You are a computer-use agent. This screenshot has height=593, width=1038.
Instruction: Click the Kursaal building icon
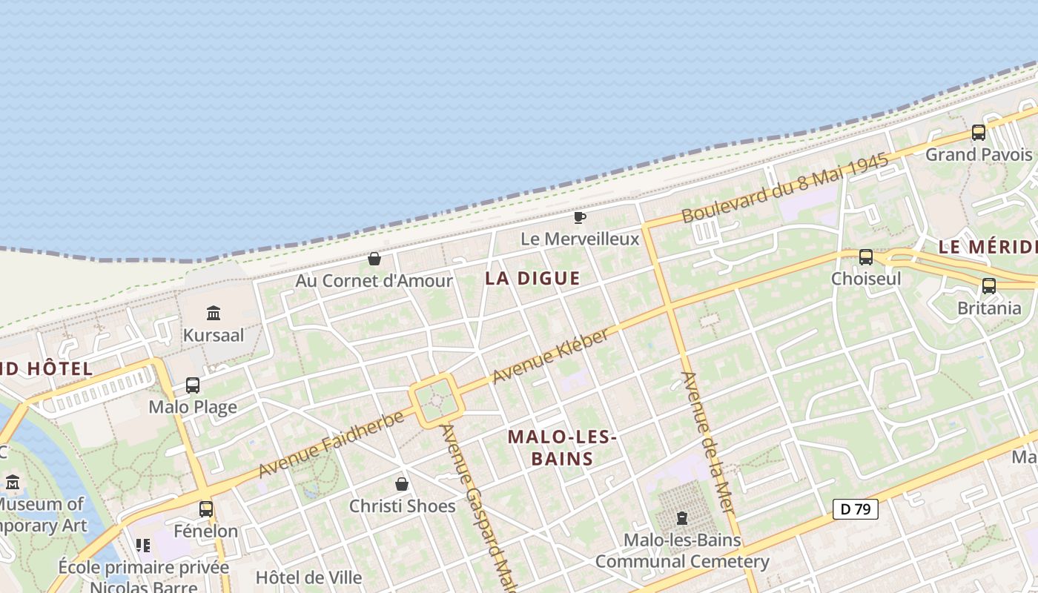214,313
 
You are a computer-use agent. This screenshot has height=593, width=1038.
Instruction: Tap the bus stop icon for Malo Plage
193,385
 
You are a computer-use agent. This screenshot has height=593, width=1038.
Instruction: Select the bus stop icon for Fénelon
206,509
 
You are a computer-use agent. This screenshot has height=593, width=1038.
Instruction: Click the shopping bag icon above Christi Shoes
402,484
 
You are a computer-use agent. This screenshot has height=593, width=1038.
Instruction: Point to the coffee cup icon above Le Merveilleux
580,217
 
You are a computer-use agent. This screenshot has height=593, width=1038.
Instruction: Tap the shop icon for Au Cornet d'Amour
374,259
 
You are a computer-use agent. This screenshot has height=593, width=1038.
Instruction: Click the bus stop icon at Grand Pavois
979,133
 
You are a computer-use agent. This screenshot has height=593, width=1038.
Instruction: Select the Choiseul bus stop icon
866,257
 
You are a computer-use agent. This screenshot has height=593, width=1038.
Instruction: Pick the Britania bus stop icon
989,286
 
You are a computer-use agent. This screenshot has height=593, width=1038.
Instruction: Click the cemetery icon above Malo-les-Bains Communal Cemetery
682,518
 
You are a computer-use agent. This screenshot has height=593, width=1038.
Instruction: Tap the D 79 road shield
856,509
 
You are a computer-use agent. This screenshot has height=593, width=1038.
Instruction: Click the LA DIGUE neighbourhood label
532,279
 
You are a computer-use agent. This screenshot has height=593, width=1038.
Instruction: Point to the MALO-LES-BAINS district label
563,448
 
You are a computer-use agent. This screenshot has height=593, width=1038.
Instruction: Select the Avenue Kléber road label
550,357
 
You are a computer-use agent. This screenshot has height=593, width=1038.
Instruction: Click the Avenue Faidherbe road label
331,444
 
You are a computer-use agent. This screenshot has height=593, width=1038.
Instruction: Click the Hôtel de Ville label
308,577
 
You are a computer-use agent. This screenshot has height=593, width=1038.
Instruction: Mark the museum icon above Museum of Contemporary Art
12,483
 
